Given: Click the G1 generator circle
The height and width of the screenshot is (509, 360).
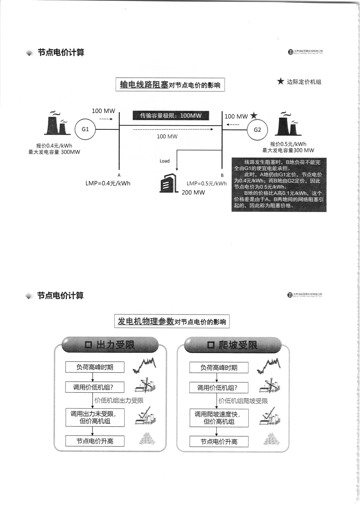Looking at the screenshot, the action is tap(85, 129).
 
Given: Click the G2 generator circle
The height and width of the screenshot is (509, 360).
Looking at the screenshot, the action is tap(257, 130).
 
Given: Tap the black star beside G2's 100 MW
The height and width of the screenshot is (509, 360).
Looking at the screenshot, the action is tap(254, 116).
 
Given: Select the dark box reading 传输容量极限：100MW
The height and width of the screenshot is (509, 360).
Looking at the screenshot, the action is tap(171, 116).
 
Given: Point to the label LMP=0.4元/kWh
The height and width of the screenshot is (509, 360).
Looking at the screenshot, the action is tap(108, 183).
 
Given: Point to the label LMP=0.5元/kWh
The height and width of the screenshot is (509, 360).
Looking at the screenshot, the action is tap(206, 183).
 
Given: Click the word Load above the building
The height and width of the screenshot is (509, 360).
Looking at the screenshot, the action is tap(165, 161).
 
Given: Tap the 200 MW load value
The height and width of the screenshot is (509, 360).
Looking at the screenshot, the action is tap(193, 192).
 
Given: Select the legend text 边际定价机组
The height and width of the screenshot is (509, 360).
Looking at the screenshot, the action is tap(304, 82).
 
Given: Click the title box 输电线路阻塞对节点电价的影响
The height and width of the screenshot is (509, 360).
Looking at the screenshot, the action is tap(170, 85).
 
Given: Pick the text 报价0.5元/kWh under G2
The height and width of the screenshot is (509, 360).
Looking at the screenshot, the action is tap(288, 144).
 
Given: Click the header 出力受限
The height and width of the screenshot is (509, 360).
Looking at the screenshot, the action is tap(110, 345).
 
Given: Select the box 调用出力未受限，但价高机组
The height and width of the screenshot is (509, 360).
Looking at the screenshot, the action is tap(95, 417).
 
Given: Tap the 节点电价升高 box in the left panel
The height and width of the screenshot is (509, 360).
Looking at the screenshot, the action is tap(95, 441).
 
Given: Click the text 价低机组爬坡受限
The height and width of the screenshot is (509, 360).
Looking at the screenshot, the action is tap(243, 401).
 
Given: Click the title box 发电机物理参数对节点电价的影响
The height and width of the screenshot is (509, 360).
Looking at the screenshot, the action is tap(172, 322).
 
